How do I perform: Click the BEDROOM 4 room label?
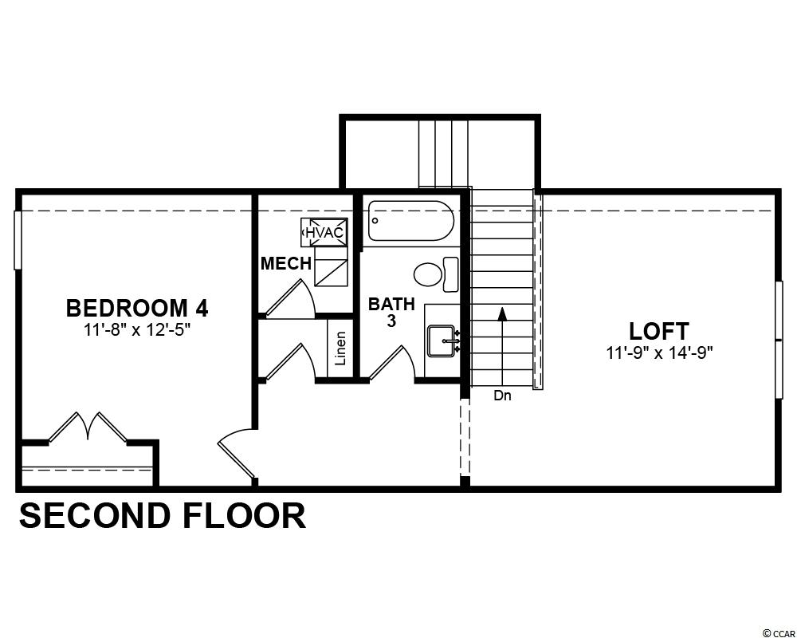[137, 308]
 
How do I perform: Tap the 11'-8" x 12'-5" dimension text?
[137, 330]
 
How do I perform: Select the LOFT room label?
[659, 331]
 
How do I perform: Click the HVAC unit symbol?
[325, 233]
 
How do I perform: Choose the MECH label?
[285, 263]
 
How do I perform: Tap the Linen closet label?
[340, 349]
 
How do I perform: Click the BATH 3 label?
[391, 313]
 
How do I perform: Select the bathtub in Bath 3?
[410, 221]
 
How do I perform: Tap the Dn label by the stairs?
[502, 396]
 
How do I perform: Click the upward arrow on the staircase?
[503, 345]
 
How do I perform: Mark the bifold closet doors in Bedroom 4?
[88, 427]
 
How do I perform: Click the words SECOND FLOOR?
[163, 515]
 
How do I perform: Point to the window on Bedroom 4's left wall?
[18, 239]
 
